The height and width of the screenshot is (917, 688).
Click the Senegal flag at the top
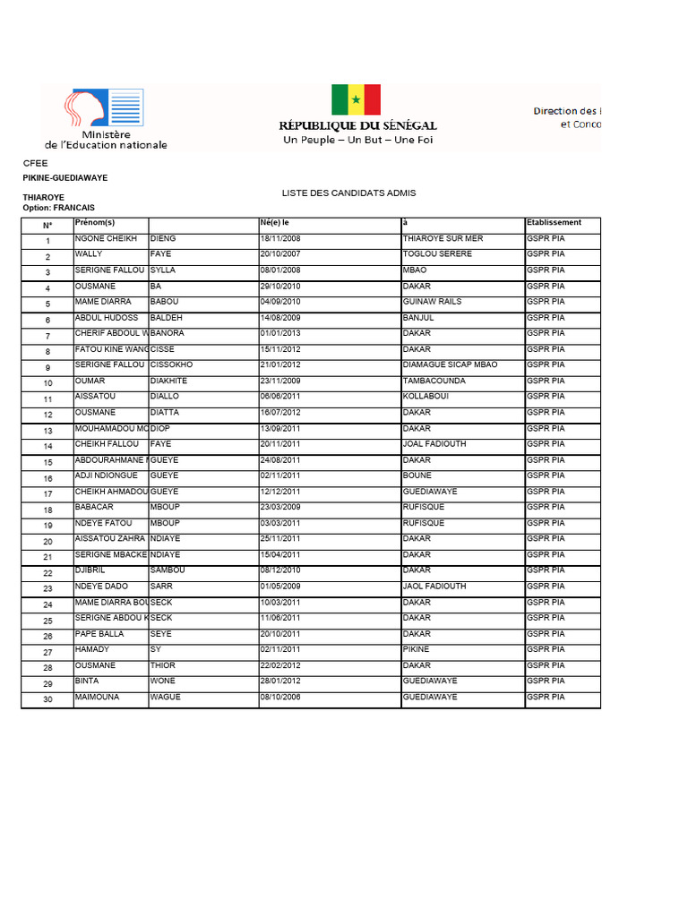coord(356,99)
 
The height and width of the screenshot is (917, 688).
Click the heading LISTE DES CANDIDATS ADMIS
coord(348,193)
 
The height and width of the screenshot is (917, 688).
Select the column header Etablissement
coord(554,223)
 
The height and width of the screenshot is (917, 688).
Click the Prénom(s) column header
coord(95,223)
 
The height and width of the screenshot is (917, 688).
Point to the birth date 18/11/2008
coord(280,239)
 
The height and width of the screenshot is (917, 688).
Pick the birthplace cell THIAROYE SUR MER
coord(443,239)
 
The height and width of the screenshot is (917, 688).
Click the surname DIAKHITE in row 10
coord(168,381)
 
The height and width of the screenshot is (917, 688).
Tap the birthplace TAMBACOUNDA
coord(434,381)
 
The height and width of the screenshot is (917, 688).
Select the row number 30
coord(47,700)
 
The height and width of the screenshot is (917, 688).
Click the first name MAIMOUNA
coord(97,698)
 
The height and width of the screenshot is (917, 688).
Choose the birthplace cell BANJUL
coord(418,318)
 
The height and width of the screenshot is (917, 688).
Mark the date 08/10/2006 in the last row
coord(280,698)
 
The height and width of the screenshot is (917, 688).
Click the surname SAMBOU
coord(168,570)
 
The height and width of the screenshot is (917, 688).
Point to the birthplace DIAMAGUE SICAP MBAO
coord(450,365)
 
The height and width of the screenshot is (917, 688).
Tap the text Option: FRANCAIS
coord(58,208)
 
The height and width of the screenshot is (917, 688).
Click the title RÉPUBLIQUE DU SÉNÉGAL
coord(357,126)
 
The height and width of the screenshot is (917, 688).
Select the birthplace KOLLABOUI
coord(425,397)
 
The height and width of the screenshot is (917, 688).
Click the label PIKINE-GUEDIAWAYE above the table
coord(64,178)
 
